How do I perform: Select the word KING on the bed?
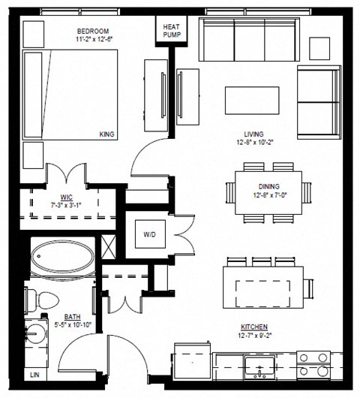[x=107, y=134]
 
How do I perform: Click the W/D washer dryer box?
[x=150, y=234]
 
